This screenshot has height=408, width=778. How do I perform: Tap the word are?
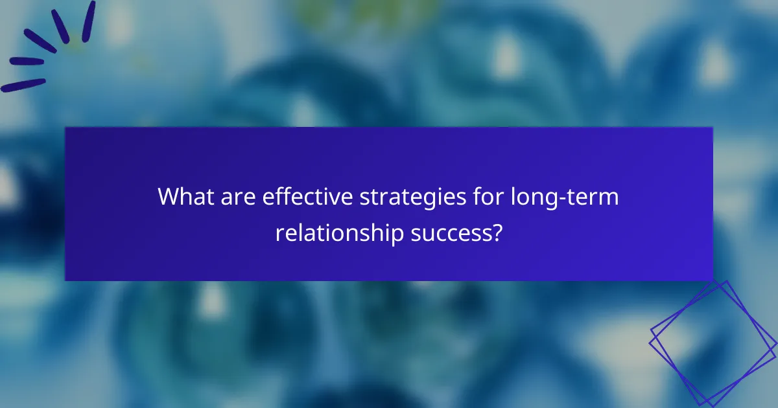[239, 197]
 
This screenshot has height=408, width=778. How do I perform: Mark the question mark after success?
[497, 232]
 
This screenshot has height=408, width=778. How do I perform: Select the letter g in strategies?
[441, 200]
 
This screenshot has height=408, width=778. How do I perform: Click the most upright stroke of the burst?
[88, 20]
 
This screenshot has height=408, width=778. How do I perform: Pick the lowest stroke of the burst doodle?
[23, 85]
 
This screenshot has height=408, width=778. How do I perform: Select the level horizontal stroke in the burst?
[27, 62]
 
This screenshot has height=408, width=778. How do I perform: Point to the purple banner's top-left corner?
[65, 128]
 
